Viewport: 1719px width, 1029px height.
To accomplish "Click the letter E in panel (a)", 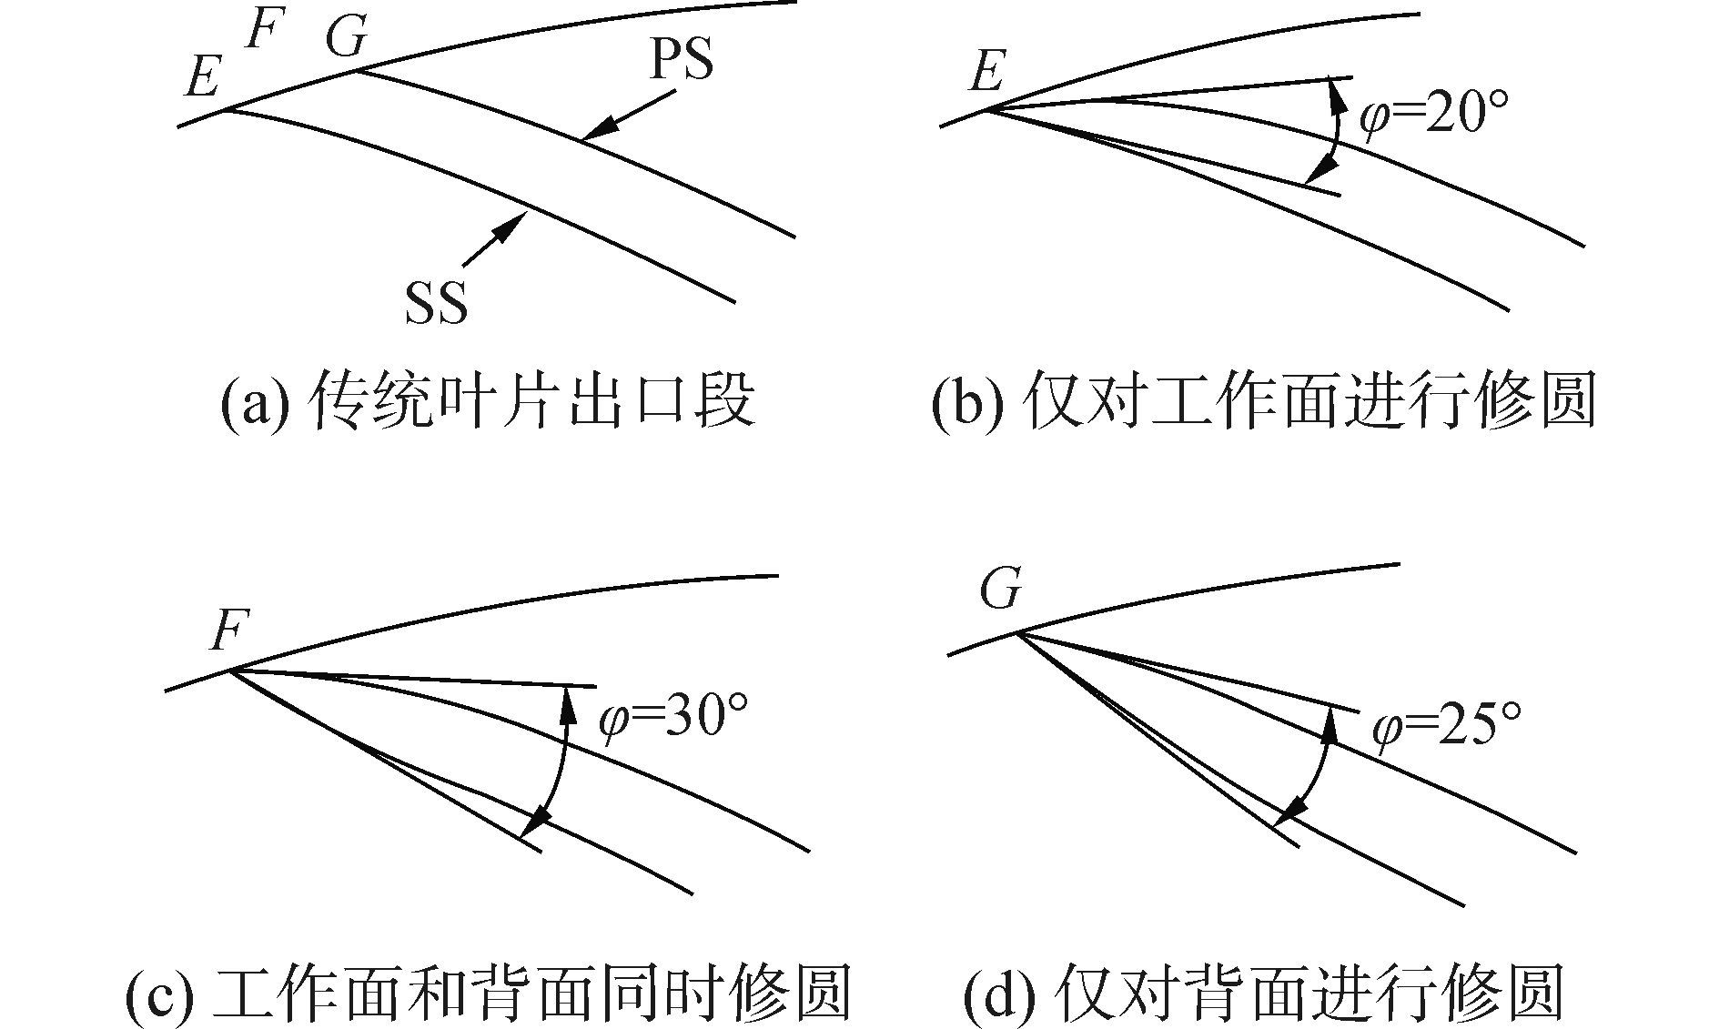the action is [x=202, y=76].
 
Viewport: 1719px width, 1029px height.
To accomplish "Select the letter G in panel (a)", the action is [x=347, y=38].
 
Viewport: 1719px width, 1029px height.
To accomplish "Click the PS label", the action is [x=680, y=60].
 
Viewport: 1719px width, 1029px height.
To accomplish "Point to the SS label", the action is [x=437, y=303].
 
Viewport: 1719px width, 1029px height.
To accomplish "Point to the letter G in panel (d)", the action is [x=1002, y=589].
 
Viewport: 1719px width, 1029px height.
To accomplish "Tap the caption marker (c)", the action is [x=157, y=993].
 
